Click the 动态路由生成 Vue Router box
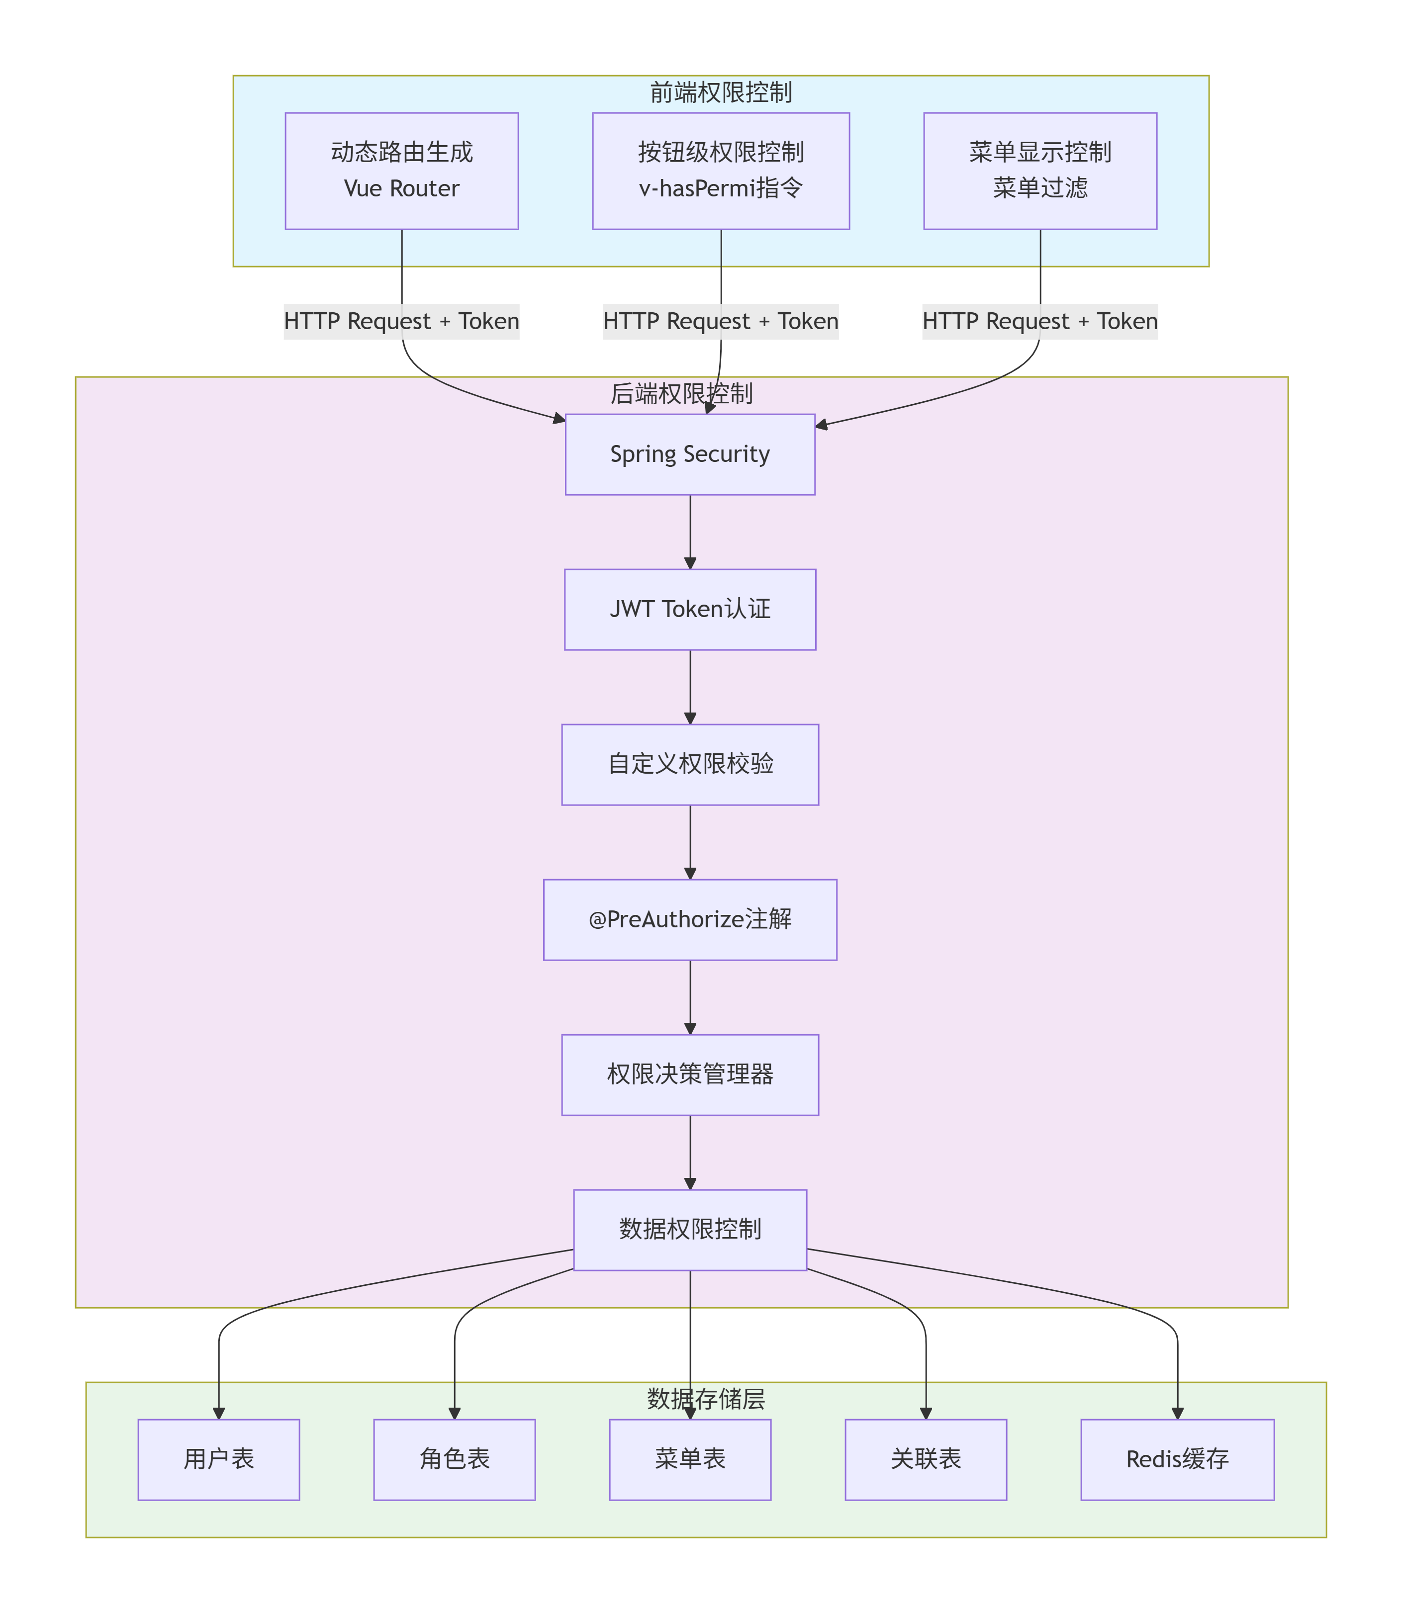click(x=401, y=171)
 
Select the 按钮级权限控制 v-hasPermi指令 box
click(x=721, y=171)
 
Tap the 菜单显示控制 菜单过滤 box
click(x=1040, y=171)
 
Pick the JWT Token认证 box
click(x=690, y=610)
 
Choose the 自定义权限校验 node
click(x=690, y=764)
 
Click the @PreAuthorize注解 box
click(x=690, y=919)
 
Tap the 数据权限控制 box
click(x=690, y=1230)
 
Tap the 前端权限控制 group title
click(x=721, y=92)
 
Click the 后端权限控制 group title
click(x=681, y=393)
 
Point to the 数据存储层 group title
click(x=706, y=1399)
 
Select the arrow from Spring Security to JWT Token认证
click(x=690, y=532)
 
